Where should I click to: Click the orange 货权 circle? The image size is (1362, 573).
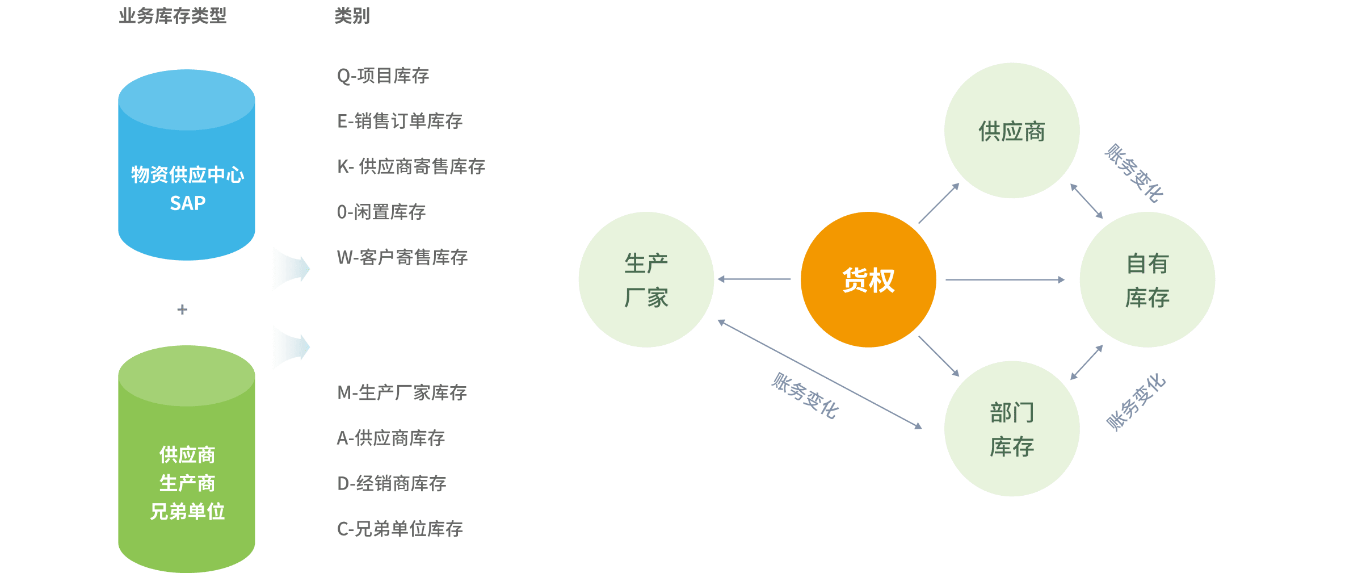pos(868,279)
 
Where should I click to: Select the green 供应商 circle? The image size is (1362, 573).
pos(1011,131)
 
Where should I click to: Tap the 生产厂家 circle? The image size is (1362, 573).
pos(646,279)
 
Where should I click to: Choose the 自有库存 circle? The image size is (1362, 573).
pos(1147,279)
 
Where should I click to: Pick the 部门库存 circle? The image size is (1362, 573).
pos(1011,428)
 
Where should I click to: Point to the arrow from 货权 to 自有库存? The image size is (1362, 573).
pos(1004,279)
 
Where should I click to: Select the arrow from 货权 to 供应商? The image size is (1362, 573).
pos(939,203)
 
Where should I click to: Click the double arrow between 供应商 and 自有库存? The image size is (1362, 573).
pos(1086,201)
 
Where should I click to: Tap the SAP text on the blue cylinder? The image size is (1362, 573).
pos(187,203)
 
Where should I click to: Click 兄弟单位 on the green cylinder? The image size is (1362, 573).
pos(187,512)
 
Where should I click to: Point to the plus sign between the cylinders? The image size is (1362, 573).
pos(182,309)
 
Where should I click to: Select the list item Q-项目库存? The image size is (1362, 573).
pos(383,76)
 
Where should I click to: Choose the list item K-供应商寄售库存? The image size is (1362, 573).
pos(411,166)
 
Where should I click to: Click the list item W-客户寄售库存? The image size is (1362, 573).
pos(402,257)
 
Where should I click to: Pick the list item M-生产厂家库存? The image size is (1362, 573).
pos(402,392)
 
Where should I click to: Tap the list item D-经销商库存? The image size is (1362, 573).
pos(392,483)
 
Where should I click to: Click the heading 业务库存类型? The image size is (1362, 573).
pos(173,16)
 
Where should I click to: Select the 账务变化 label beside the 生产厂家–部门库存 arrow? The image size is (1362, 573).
pos(805,396)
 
